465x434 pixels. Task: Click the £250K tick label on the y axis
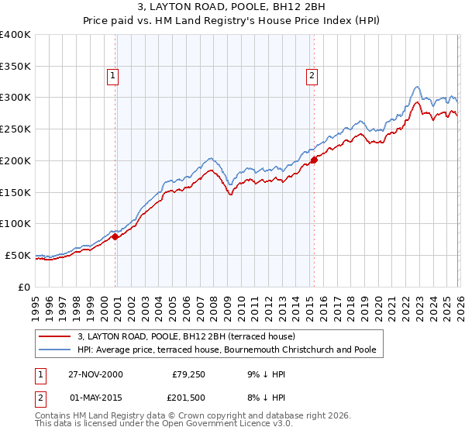[x=15, y=129]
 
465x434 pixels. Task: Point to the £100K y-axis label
[x=15, y=224]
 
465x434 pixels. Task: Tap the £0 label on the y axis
[x=23, y=287]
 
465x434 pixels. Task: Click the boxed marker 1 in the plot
[x=113, y=76]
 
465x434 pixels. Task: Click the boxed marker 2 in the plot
[x=312, y=76]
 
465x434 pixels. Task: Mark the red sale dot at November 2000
[x=115, y=237]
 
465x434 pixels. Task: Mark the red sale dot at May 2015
[x=314, y=160]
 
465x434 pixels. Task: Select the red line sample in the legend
[x=55, y=337]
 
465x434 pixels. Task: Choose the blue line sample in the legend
[x=55, y=350]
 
